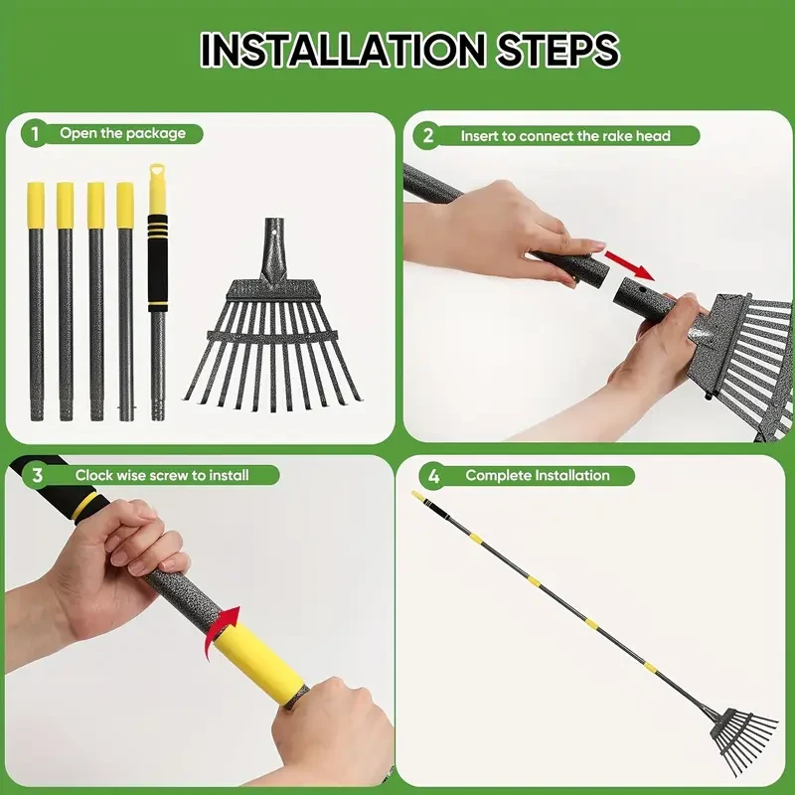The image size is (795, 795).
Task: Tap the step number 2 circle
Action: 428,136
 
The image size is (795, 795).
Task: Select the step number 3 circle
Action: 37,475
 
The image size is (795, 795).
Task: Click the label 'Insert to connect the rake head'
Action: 564,136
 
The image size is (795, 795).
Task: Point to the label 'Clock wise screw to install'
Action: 162,475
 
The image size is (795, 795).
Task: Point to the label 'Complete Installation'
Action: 538,475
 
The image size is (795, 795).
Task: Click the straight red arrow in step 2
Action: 631,263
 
